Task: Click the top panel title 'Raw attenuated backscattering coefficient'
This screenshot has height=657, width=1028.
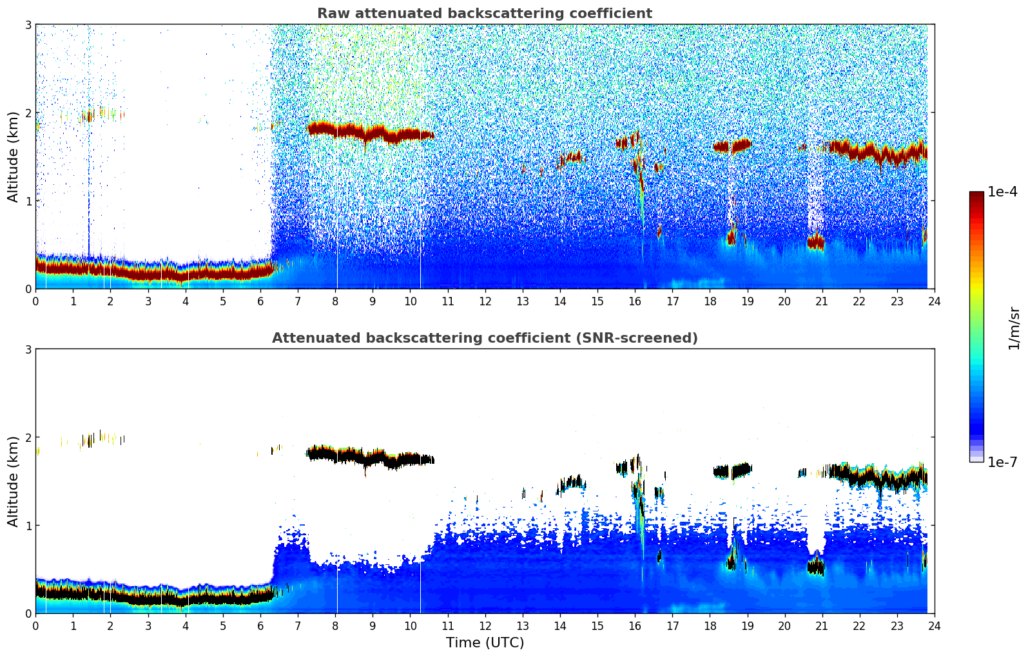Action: (484, 14)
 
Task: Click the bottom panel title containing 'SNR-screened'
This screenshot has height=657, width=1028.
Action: (484, 338)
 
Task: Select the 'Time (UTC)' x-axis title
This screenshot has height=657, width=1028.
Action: (485, 643)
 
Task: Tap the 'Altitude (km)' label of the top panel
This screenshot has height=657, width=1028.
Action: (14, 157)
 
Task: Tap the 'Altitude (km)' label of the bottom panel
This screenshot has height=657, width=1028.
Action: (14, 481)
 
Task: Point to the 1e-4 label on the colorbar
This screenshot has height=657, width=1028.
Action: (1002, 192)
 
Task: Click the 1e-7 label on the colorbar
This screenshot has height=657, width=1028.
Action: (1002, 462)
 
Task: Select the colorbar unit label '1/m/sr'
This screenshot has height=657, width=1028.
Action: (1014, 327)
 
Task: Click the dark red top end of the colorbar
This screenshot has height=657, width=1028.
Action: (976, 195)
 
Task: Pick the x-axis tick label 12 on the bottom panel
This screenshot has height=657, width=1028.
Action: (485, 625)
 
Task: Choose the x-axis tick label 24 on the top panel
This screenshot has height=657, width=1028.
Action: (934, 301)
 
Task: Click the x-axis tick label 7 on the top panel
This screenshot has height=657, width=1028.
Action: (298, 301)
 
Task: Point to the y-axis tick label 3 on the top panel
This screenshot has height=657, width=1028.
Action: (28, 24)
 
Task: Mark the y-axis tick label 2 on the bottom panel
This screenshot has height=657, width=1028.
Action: (28, 437)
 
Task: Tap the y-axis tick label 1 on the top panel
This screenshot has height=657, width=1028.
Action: (28, 201)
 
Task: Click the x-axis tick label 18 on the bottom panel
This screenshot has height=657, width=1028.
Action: (710, 625)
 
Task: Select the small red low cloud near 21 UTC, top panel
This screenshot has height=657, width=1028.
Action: (815, 242)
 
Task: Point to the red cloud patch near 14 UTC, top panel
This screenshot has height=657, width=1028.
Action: (571, 157)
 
